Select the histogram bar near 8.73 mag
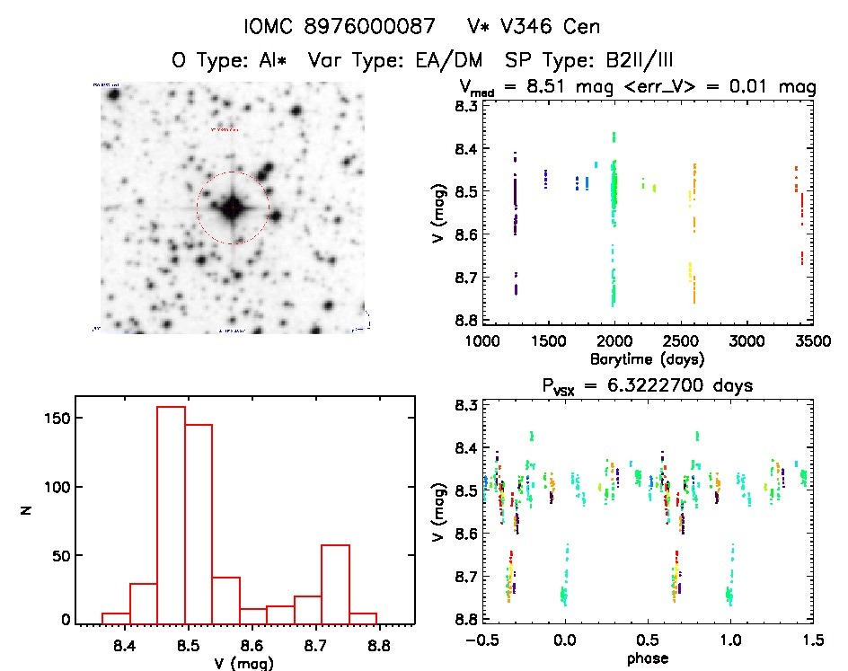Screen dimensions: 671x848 (x=335, y=583)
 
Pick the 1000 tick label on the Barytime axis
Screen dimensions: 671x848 (x=482, y=342)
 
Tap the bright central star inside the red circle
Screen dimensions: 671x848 (x=233, y=207)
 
